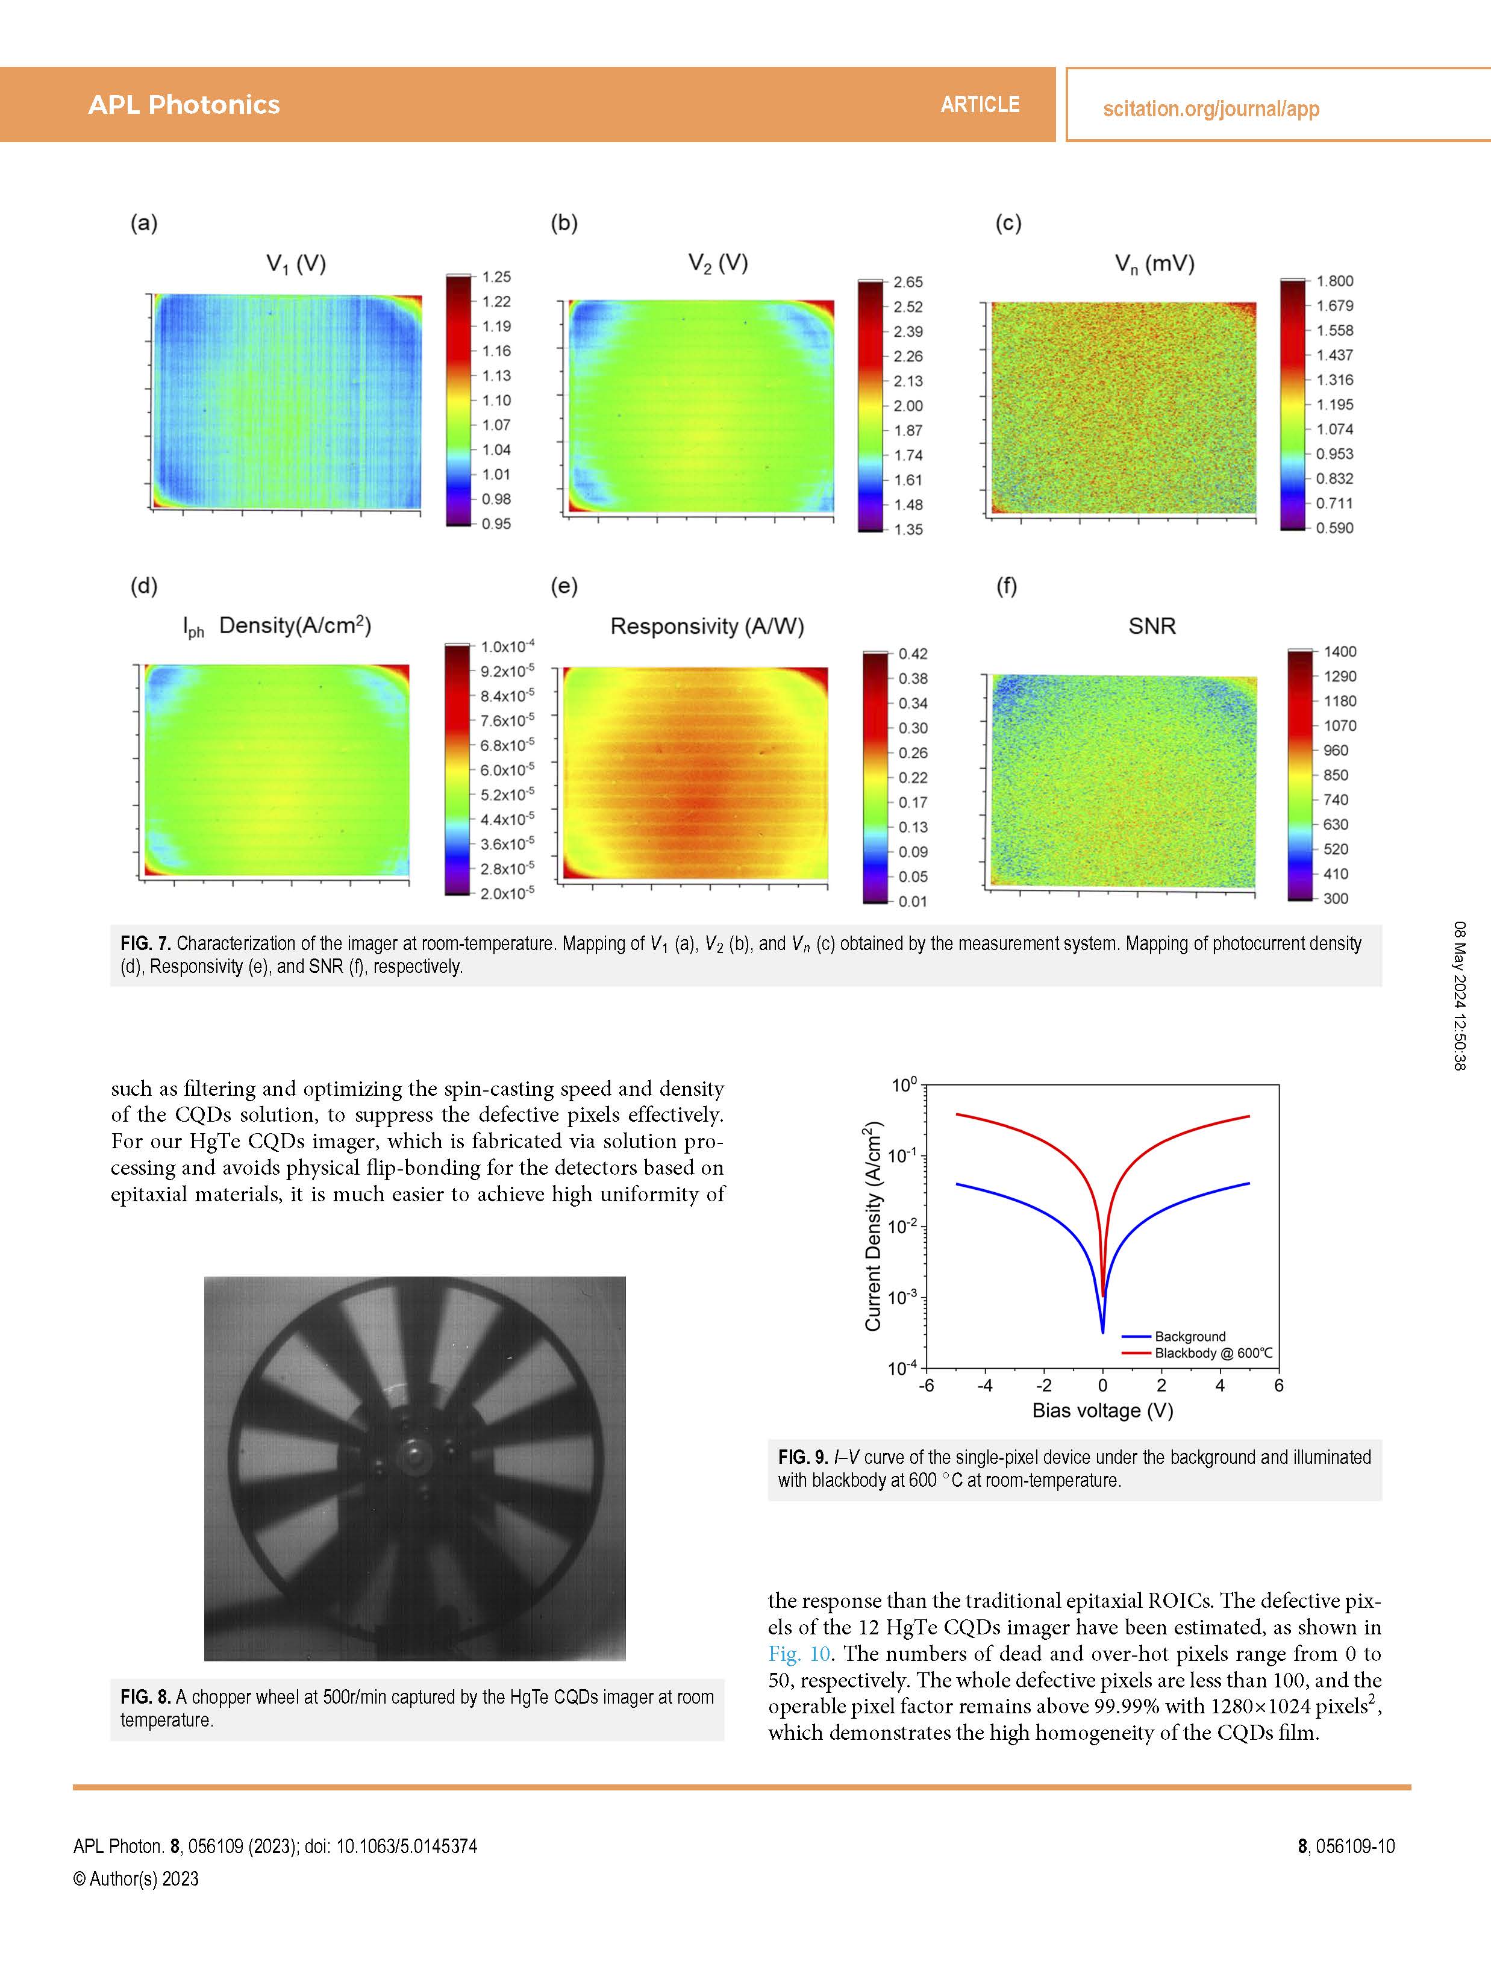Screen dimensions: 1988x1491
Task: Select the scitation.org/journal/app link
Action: [x=1211, y=109]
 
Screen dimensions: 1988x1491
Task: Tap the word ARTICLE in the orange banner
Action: [x=980, y=105]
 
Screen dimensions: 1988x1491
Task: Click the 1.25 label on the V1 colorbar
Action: [x=496, y=277]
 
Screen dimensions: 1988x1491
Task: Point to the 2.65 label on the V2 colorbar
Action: [x=908, y=282]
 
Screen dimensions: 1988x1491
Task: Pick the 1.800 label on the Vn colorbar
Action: [x=1334, y=281]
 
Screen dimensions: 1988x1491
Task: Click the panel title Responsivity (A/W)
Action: [x=707, y=627]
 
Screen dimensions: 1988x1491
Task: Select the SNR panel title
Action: [x=1151, y=627]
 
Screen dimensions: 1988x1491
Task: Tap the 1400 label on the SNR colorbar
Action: [x=1339, y=652]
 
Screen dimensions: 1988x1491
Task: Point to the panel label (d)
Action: [x=144, y=587]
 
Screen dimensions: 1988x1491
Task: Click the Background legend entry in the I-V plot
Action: [x=1190, y=1336]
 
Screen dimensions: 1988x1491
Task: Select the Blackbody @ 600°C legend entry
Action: [x=1213, y=1352]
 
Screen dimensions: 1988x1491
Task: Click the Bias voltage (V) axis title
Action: [x=1103, y=1410]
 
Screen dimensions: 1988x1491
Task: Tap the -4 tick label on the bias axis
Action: [x=984, y=1385]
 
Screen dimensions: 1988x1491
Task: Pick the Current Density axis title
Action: [x=873, y=1226]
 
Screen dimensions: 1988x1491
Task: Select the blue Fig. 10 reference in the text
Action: [x=799, y=1654]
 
